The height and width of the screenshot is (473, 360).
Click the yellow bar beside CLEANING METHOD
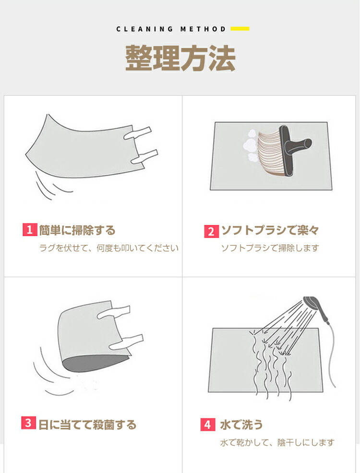coord(240,29)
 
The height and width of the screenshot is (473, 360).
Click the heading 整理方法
coord(180,58)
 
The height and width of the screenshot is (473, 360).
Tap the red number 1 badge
coord(30,230)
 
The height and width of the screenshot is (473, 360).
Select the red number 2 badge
coord(211,231)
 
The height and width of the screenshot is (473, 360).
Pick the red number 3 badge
coord(28,423)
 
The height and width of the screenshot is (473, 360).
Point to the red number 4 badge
coord(208,424)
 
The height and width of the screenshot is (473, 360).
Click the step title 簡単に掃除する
coord(77,230)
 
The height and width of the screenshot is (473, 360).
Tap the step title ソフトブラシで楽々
coord(270,230)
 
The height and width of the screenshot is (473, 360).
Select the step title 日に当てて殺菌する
coord(87,424)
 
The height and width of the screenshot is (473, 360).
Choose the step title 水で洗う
coord(241,424)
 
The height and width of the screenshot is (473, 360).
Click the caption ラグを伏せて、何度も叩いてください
coord(109,248)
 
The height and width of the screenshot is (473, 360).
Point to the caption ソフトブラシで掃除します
coord(270,248)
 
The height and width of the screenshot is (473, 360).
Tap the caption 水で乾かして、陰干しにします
coord(277,443)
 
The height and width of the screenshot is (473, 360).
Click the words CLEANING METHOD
coord(171,29)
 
